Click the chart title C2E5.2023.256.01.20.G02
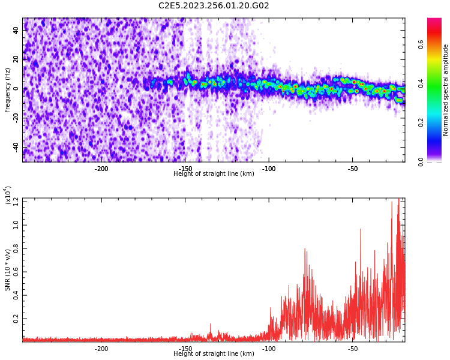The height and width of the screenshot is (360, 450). [214, 6]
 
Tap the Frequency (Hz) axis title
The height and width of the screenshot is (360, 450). [8, 89]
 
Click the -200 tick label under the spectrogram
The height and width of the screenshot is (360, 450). [101, 169]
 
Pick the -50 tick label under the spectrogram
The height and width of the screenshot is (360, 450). [353, 169]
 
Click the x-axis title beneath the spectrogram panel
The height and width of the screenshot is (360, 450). [214, 174]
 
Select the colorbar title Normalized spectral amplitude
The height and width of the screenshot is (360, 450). [446, 89]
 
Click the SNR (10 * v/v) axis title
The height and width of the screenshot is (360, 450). [8, 269]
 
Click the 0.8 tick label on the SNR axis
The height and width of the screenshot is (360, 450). [15, 248]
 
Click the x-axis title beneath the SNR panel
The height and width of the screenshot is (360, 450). [214, 354]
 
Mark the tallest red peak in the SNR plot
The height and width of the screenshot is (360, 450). [398, 200]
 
